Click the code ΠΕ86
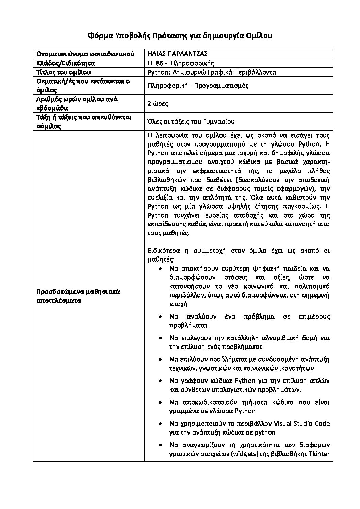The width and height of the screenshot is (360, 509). click(x=155, y=63)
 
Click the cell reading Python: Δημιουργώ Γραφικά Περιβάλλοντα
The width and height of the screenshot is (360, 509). click(x=212, y=72)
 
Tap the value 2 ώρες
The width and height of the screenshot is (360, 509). click(x=158, y=104)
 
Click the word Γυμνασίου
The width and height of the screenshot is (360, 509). click(x=217, y=122)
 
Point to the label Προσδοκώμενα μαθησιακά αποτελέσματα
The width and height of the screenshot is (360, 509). click(x=78, y=296)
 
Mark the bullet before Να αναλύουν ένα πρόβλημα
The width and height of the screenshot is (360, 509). click(x=160, y=317)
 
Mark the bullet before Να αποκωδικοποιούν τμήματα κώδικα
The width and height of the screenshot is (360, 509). click(x=160, y=403)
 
